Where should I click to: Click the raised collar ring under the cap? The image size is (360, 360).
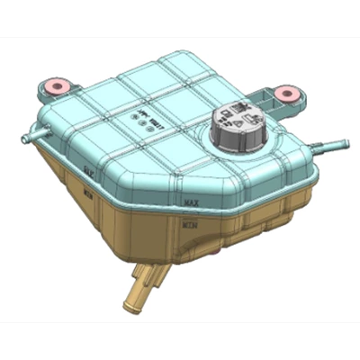236,144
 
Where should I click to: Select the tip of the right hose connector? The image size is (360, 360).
343,142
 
